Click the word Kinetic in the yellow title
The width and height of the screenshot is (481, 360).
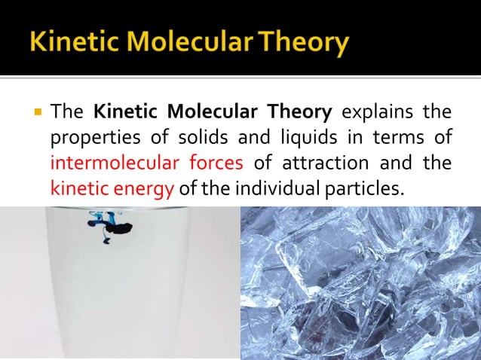[x=70, y=40]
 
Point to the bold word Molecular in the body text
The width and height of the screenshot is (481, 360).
[x=217, y=114]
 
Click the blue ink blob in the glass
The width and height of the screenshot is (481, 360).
[x=107, y=224]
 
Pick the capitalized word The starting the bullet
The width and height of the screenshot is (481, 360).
[x=66, y=114]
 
